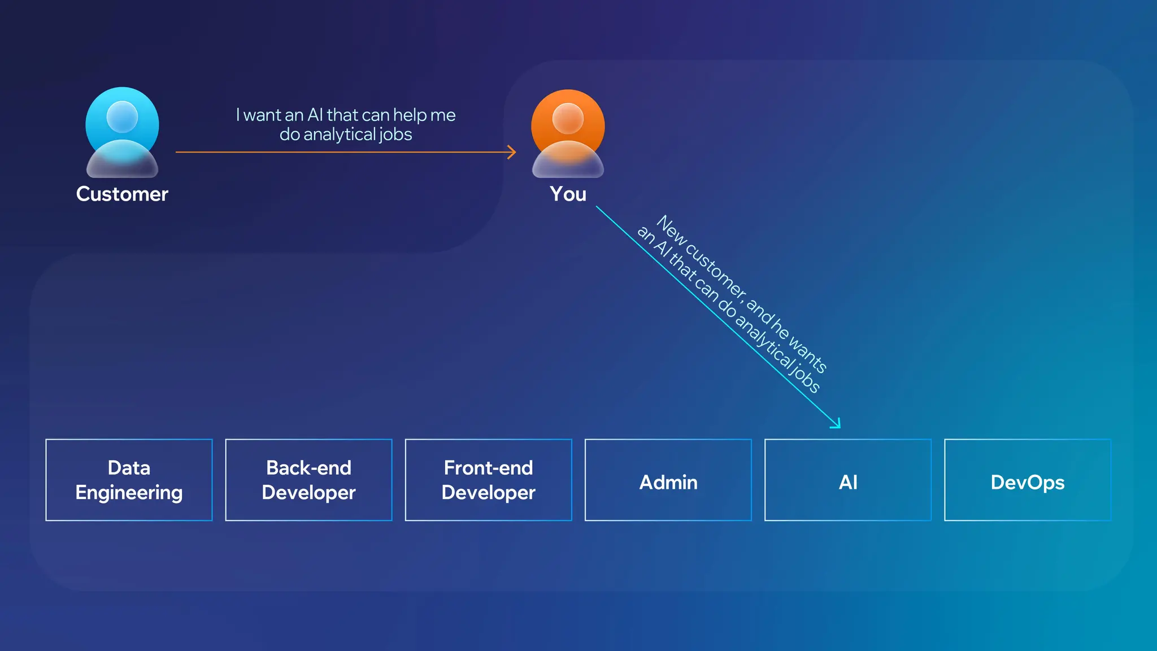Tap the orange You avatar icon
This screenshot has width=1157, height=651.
568,134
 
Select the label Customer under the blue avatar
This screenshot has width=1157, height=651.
122,194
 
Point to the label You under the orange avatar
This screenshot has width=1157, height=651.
568,194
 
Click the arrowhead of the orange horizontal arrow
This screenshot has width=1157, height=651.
512,152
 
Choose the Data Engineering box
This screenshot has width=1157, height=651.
129,480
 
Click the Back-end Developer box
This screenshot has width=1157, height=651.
308,480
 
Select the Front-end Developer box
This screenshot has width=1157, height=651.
488,480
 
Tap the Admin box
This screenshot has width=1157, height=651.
668,480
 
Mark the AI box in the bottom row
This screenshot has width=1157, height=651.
847,480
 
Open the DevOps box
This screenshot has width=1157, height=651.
1027,480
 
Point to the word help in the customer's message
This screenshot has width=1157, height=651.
410,115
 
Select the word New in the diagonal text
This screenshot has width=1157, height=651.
671,229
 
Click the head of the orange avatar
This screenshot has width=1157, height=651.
568,118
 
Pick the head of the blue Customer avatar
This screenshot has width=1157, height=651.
122,116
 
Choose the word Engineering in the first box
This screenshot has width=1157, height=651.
129,493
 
